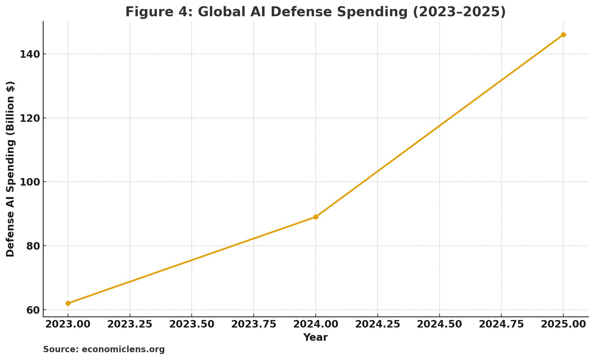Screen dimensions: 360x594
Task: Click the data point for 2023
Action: [68, 303]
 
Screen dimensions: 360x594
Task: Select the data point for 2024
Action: [316, 217]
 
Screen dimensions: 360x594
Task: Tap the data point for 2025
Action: [563, 35]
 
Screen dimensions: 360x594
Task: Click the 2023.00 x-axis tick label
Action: [68, 324]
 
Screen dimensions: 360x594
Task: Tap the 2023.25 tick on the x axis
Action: [130, 324]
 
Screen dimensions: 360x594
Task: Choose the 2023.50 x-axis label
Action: [192, 324]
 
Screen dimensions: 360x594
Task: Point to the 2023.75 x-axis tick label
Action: [254, 324]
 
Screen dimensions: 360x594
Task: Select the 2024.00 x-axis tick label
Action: [316, 324]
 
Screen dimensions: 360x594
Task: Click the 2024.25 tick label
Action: [378, 324]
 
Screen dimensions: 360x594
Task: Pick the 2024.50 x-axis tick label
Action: [440, 324]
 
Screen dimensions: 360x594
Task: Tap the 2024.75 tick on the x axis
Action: [501, 324]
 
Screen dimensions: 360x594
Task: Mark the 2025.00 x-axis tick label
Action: [563, 324]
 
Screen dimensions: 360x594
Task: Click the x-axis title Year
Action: [316, 337]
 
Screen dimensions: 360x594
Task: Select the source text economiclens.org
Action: [123, 349]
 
